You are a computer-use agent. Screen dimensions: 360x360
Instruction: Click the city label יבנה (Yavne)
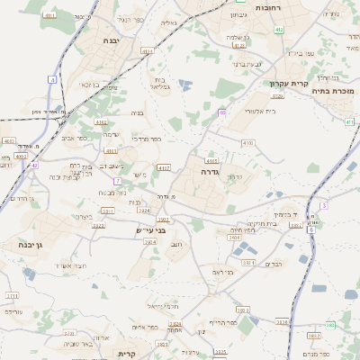click(111, 40)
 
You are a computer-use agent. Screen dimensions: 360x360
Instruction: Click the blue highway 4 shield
click(53, 80)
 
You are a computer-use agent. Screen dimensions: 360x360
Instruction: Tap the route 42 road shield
click(34, 166)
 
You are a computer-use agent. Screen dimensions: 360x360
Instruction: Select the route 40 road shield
click(222, 112)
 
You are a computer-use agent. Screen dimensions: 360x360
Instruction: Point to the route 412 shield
click(279, 30)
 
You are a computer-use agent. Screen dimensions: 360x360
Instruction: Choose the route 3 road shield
click(324, 205)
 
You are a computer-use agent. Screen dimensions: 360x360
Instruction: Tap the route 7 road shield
click(117, 181)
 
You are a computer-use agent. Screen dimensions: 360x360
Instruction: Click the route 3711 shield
click(12, 295)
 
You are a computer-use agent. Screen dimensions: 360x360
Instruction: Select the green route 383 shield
click(331, 327)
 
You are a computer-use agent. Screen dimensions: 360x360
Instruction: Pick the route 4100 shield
click(9, 141)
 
